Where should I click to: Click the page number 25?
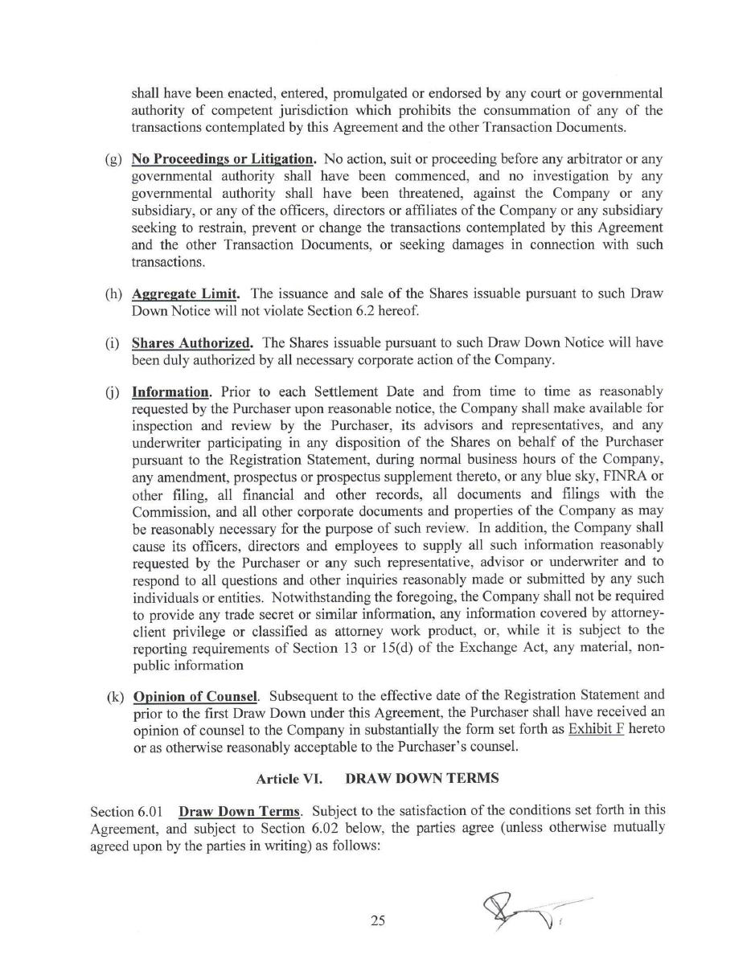tap(378, 921)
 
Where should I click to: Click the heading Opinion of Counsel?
tap(195, 696)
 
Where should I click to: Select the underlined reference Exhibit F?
tap(596, 729)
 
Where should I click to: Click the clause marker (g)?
tap(113, 159)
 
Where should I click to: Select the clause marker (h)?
tap(113, 293)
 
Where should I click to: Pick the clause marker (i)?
tap(113, 342)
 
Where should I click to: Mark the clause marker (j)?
tap(113, 392)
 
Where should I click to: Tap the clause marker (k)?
tap(114, 696)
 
